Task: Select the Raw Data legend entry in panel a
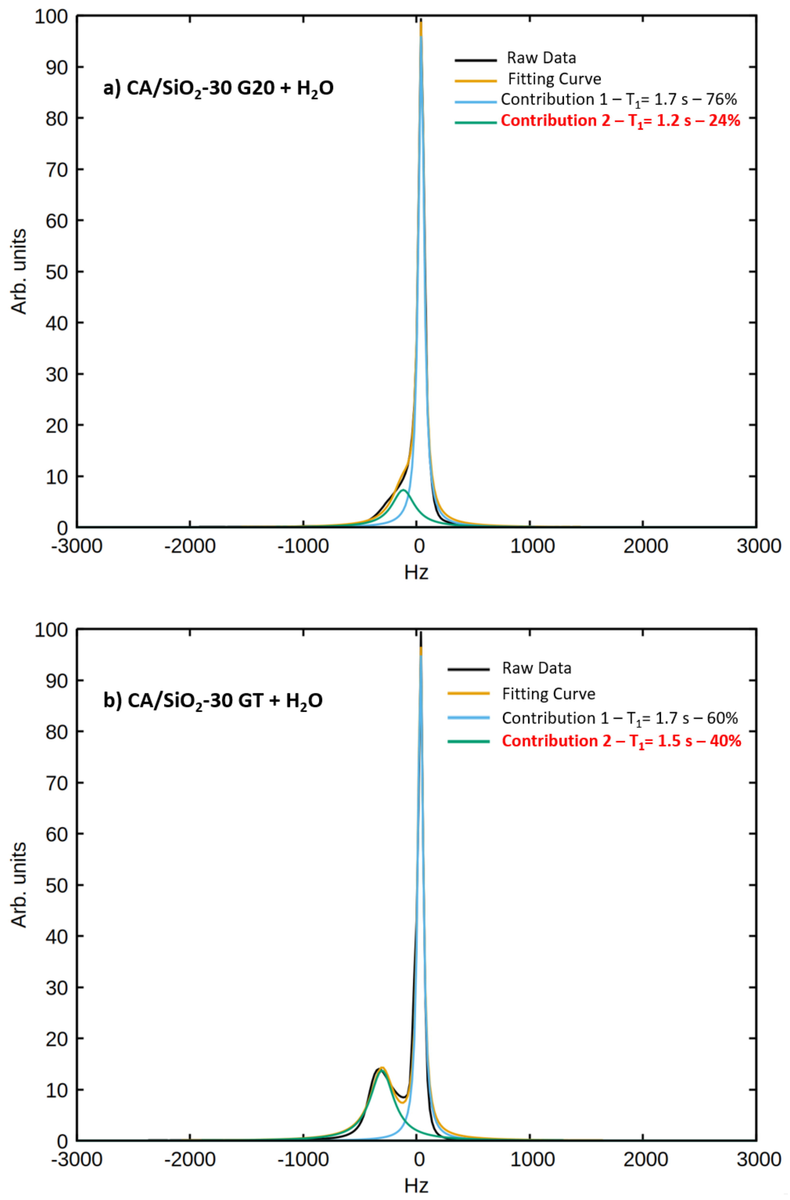tap(541, 58)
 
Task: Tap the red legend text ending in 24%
tap(620, 121)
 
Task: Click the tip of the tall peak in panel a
tap(421, 21)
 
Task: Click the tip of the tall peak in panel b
tap(421, 633)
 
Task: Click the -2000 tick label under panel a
tap(190, 546)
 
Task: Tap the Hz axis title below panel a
tap(416, 572)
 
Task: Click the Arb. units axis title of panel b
tap(19, 885)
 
